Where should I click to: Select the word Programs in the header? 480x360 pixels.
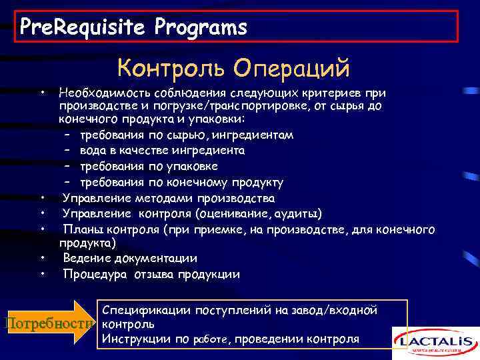pos(201,27)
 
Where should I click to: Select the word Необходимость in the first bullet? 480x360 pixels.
pos(103,92)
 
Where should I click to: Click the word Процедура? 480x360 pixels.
pos(93,273)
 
